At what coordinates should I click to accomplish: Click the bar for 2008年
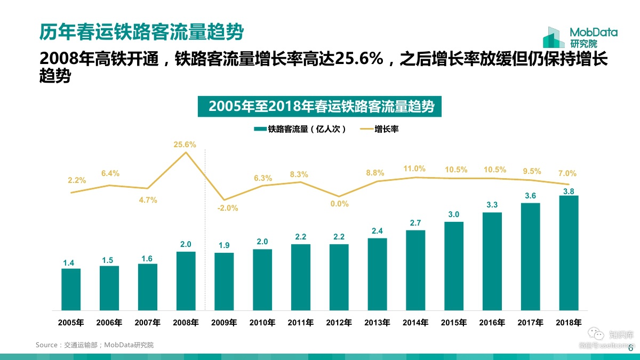point(186,281)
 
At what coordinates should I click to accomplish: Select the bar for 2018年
point(569,253)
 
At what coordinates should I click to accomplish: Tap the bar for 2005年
point(71,290)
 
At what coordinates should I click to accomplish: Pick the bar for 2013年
point(377,274)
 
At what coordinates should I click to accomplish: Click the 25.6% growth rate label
point(185,145)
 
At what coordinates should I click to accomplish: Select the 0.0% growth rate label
point(339,203)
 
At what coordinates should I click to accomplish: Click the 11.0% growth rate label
point(414,169)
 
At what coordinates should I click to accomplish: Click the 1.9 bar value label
point(224,245)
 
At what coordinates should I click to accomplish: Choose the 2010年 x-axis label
point(262,323)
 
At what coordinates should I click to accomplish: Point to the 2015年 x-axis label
point(454,323)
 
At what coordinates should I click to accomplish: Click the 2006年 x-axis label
point(109,323)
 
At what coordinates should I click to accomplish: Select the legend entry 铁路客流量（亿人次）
point(301,129)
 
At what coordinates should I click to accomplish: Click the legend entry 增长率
point(380,129)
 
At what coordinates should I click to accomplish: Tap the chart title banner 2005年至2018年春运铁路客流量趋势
point(322,106)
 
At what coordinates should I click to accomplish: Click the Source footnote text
point(94,345)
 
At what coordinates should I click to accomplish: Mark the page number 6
point(631,349)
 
